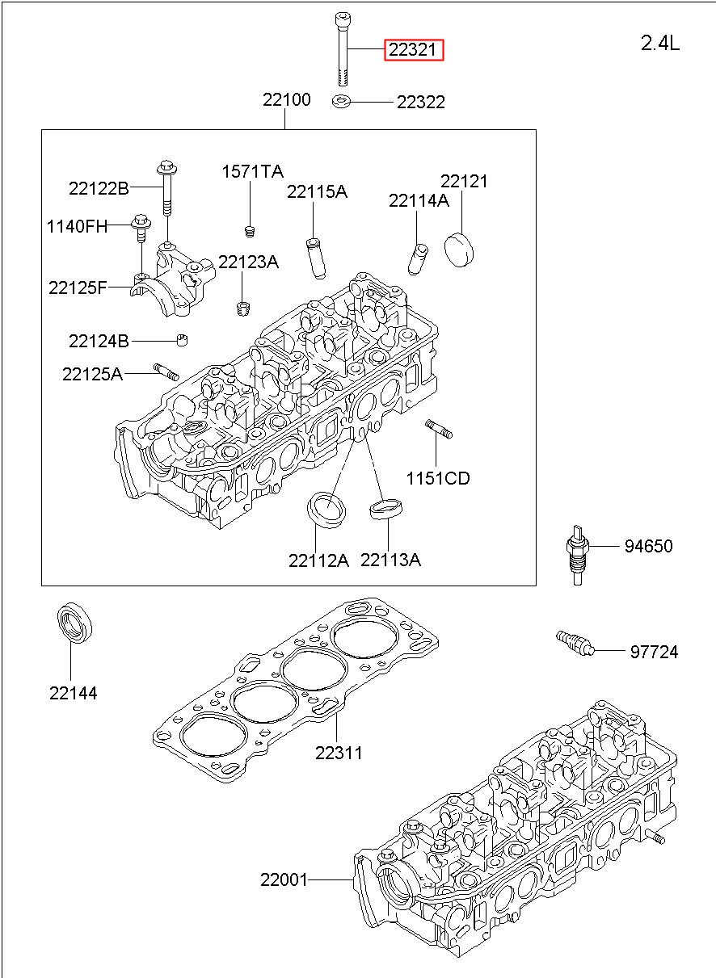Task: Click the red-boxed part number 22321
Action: click(413, 50)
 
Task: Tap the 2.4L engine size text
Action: click(659, 44)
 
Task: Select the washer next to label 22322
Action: click(341, 102)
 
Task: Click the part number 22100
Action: click(287, 99)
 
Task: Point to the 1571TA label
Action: click(253, 171)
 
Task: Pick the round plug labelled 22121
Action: click(459, 250)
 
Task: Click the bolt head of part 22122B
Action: click(166, 166)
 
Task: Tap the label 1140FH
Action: click(77, 226)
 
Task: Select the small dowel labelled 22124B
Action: click(182, 339)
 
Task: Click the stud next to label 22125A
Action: click(166, 372)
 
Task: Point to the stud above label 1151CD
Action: click(439, 428)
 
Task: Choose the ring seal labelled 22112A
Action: click(326, 510)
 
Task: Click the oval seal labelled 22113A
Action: click(386, 509)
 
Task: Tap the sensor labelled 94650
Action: click(578, 555)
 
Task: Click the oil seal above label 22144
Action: click(74, 623)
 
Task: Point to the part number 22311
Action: click(339, 753)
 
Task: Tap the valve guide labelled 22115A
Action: click(317, 258)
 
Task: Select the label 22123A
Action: click(248, 262)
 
